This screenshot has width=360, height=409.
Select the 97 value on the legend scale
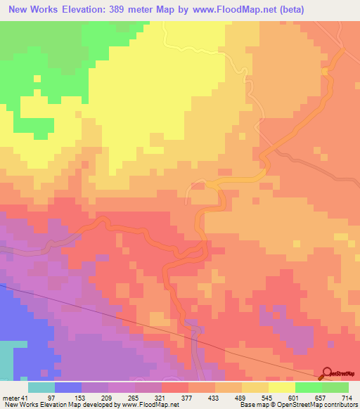click(x=68, y=397)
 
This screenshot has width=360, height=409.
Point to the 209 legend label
click(x=147, y=397)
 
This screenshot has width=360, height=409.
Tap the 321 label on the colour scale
click(x=226, y=397)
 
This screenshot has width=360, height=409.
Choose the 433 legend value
click(x=304, y=397)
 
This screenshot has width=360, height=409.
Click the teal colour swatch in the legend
click(x=41, y=387)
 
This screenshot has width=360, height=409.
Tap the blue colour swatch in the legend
click(x=68, y=387)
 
